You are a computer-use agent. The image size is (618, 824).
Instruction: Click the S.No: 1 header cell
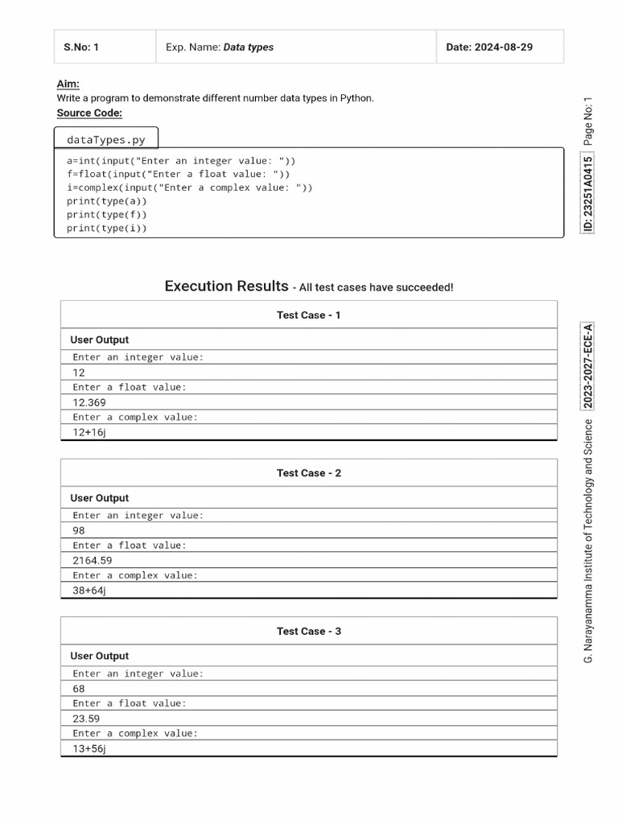tap(81, 47)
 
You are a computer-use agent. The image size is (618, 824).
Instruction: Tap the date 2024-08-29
tap(489, 47)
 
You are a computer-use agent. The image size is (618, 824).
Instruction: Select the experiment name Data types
tap(248, 47)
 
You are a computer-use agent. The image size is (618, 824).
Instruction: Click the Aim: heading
tap(68, 84)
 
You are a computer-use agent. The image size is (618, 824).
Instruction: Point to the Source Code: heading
tap(89, 113)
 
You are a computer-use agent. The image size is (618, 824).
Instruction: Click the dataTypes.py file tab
tap(106, 140)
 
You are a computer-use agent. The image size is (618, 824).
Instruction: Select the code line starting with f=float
tap(178, 174)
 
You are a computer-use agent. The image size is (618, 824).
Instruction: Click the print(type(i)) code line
tap(107, 229)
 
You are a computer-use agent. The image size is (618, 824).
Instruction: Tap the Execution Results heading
tap(226, 286)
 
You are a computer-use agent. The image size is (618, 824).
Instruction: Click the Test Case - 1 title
tap(308, 315)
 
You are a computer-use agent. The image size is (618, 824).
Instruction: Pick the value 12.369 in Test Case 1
tap(89, 402)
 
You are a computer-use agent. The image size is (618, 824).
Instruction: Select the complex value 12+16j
tap(89, 432)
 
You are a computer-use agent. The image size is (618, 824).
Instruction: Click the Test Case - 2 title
tap(308, 473)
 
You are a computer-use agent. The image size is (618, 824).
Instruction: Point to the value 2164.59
tap(93, 560)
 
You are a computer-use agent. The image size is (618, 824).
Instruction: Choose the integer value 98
tap(79, 530)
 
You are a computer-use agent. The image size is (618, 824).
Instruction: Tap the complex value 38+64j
tap(89, 591)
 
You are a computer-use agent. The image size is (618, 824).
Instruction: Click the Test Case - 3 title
tap(308, 632)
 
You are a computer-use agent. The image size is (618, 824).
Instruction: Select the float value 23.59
tap(86, 719)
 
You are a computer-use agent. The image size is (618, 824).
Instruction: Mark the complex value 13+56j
tap(89, 748)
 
